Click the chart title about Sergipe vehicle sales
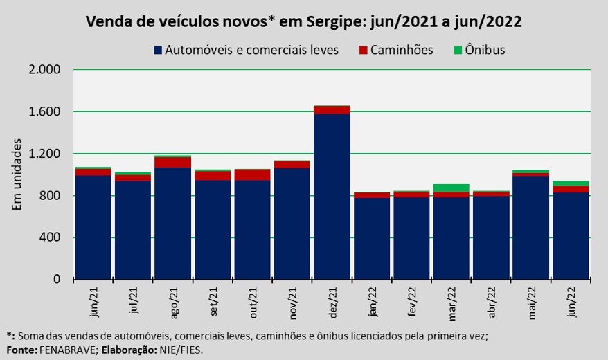304,21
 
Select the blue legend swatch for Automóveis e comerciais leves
158,50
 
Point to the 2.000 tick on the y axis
45,70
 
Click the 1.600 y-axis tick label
45,112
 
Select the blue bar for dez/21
332,197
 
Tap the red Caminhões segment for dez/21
332,109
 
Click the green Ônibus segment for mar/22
451,188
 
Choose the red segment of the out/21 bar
252,175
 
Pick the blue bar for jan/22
372,239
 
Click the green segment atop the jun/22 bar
571,183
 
